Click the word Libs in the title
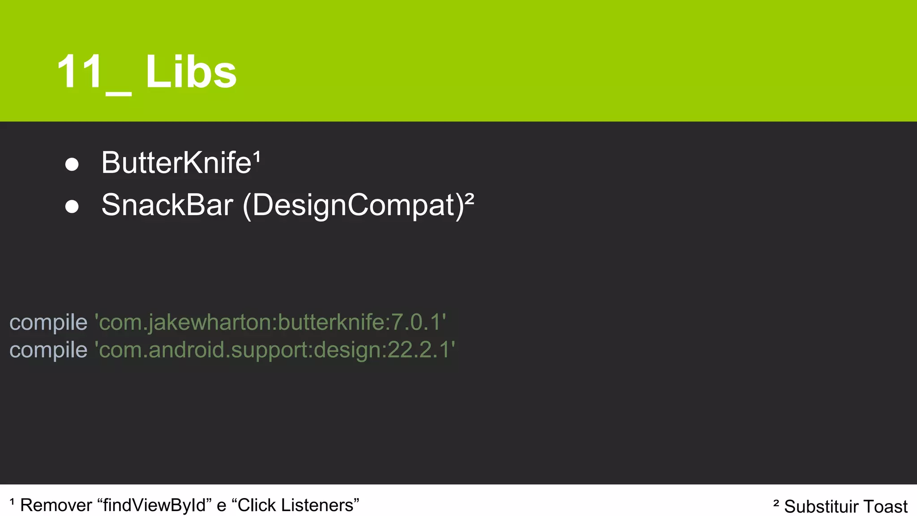[191, 72]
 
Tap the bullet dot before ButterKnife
[72, 164]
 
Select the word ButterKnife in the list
[176, 163]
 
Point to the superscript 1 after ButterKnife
[257, 156]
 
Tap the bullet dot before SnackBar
[72, 206]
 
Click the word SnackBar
[167, 205]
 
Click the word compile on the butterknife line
[48, 322]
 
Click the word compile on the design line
[48, 350]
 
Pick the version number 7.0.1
[416, 322]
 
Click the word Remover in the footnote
[56, 505]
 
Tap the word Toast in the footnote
[885, 507]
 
